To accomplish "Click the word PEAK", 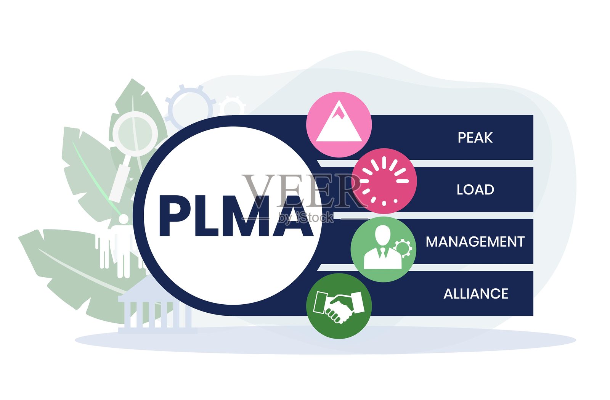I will pos(475,138).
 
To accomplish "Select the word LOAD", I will pos(475,190).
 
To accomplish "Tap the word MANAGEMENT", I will pos(475,242).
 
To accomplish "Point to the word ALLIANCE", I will pos(475,294).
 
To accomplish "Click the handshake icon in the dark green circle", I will pos(339,306).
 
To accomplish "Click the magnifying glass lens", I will pos(135,133).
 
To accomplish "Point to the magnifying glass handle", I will pos(120,181).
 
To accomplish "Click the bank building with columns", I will pos(154,313).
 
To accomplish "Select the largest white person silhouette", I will pos(123,244).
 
